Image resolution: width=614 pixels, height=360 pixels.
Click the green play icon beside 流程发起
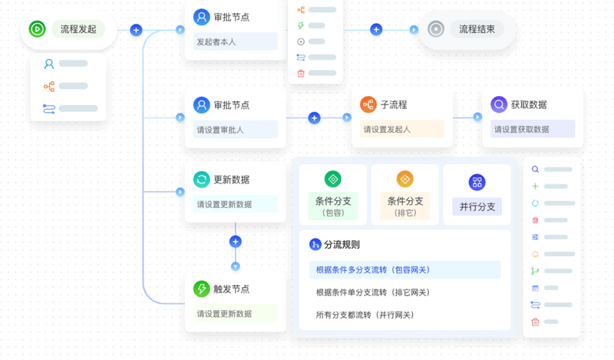[x=37, y=29]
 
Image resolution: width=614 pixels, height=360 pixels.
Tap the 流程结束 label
[x=477, y=30]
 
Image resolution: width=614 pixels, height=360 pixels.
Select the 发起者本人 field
[x=235, y=42]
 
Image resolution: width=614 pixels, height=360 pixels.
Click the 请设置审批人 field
[x=235, y=130]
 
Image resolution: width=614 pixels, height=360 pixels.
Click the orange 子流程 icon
[x=368, y=104]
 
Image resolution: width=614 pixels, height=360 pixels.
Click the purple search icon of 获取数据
[x=499, y=104]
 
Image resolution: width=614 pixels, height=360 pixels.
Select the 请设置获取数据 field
[x=533, y=130]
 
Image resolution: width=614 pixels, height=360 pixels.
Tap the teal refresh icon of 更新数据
[x=201, y=180]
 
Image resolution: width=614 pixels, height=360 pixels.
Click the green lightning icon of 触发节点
[x=201, y=289]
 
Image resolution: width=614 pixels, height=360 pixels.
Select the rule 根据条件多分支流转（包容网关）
[x=373, y=270]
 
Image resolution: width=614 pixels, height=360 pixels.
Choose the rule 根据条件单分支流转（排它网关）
[x=373, y=292]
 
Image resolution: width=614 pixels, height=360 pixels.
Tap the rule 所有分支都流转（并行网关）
[x=365, y=315]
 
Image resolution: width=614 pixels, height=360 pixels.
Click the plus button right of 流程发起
[x=136, y=30]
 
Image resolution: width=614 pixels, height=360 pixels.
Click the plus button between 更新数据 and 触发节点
[x=236, y=241]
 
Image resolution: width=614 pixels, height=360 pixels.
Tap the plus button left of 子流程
[x=314, y=118]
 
